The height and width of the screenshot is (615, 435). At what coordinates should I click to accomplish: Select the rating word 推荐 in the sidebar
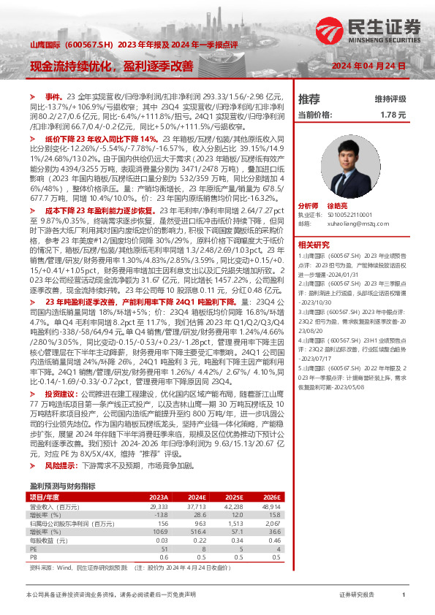click(x=309, y=99)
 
